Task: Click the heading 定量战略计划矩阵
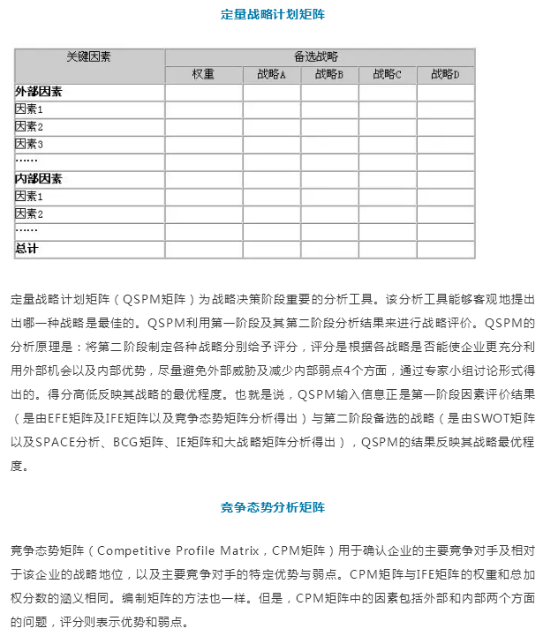[272, 14]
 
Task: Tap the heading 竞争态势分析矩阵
[272, 508]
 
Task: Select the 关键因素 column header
[89, 56]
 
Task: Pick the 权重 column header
[203, 75]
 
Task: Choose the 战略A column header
[271, 75]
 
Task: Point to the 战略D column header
[446, 75]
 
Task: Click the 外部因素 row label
[39, 92]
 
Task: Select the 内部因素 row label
[39, 179]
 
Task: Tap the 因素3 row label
[30, 144]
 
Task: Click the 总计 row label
[27, 249]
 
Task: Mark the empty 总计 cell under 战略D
[446, 249]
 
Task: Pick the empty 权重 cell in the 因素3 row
[203, 144]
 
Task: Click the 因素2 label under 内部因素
[30, 213]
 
